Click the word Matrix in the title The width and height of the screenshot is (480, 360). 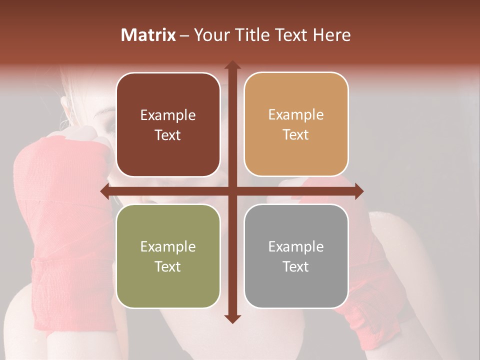(148, 35)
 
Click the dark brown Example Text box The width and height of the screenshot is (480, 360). (168, 124)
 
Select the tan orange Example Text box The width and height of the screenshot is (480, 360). (296, 124)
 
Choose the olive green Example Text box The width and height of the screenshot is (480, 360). (168, 256)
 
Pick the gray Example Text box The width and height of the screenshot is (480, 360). (296, 256)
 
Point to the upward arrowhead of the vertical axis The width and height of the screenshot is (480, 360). (232, 65)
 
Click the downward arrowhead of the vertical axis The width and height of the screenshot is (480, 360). (232, 319)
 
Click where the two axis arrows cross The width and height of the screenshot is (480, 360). (232, 191)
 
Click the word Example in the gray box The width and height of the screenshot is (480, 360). (296, 246)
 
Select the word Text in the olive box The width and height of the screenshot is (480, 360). (168, 266)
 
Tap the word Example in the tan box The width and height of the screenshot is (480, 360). (296, 114)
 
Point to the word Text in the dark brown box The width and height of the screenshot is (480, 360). (168, 135)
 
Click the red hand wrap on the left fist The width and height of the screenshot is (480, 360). (55, 190)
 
